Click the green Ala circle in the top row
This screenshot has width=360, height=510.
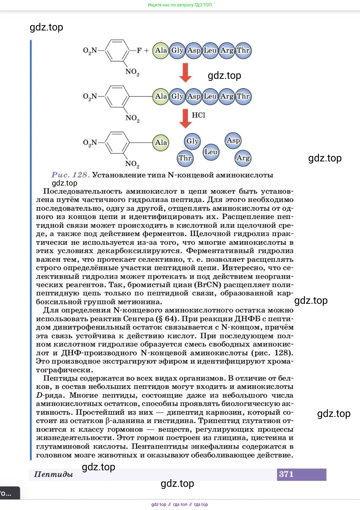(161, 51)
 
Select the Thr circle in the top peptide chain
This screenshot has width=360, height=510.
(243, 51)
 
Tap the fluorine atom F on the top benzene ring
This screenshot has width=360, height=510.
(139, 51)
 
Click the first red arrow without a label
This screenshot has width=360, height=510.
(185, 72)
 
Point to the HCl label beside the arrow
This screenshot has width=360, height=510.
(198, 115)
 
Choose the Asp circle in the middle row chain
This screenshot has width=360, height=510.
(194, 96)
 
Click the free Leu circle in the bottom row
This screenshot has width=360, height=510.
(211, 152)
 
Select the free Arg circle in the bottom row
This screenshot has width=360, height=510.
(243, 158)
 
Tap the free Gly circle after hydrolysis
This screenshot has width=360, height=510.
(192, 141)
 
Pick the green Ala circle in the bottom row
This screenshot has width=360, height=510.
(161, 142)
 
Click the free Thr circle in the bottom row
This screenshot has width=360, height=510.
(185, 158)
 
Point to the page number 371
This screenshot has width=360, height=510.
(286, 474)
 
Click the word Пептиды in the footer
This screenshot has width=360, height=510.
(53, 474)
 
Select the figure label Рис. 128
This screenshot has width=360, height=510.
(70, 175)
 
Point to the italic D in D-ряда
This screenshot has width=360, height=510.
(39, 395)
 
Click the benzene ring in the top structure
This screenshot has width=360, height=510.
(117, 51)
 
